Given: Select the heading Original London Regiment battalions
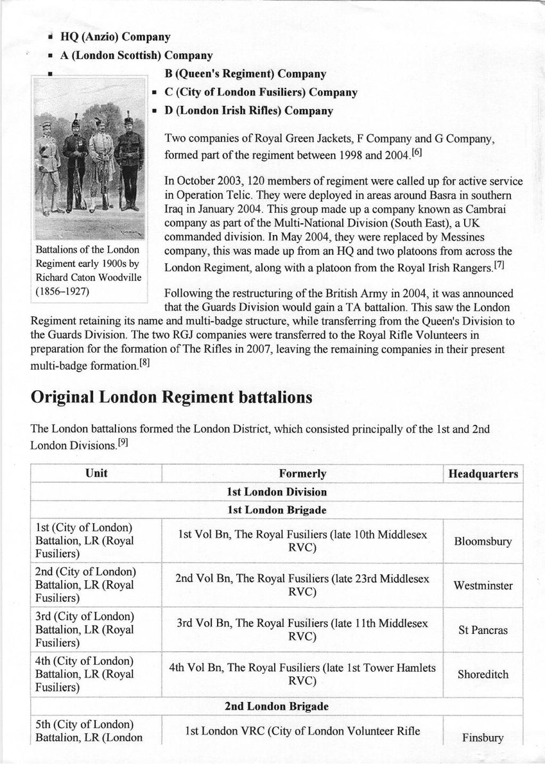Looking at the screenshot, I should [x=171, y=397].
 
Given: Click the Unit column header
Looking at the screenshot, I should [x=96, y=474].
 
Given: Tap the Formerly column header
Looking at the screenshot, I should [x=302, y=474].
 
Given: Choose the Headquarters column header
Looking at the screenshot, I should [x=483, y=474].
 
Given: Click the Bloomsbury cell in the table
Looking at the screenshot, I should [x=483, y=541].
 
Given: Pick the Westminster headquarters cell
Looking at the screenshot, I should [x=483, y=585].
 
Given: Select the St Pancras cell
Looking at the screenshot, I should [x=483, y=630].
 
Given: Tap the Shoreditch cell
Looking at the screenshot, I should [x=483, y=674].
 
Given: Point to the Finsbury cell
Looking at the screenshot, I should [x=483, y=737].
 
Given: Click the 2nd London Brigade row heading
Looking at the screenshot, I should [x=276, y=706].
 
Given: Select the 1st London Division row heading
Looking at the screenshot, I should [x=276, y=492].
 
